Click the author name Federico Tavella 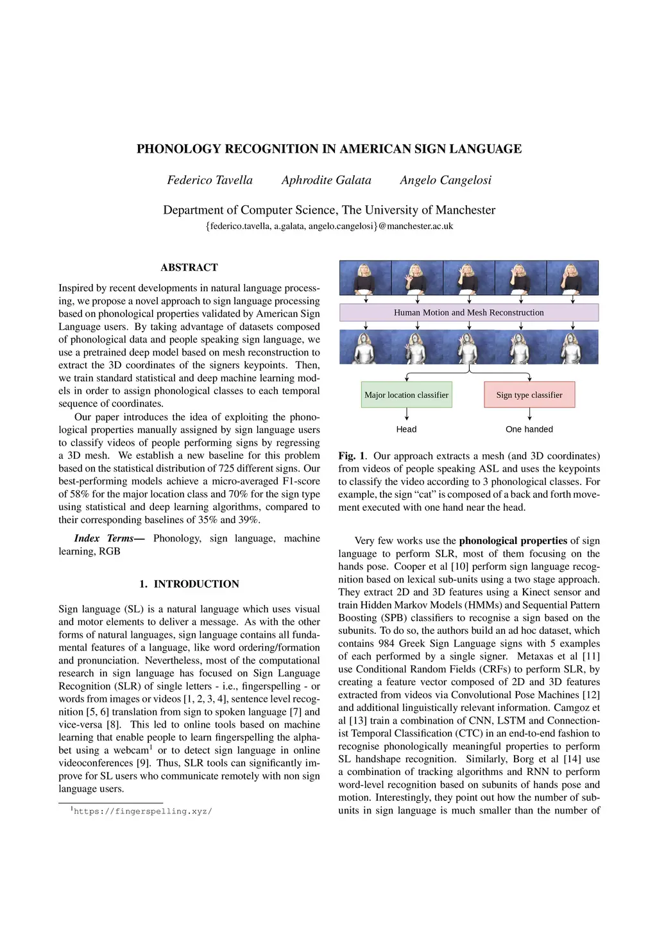point(210,180)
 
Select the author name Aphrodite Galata point(326,180)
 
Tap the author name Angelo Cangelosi point(445,180)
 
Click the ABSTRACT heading point(189,268)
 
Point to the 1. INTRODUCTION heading point(189,584)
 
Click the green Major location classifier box point(406,395)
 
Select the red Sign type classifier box point(529,395)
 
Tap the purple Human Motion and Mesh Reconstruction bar point(468,312)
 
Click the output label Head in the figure point(406,429)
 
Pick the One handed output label point(529,429)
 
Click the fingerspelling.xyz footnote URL point(142,812)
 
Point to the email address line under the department point(329,226)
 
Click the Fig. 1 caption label point(352,456)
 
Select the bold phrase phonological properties point(513,541)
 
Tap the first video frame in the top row point(365,278)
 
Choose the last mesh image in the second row point(572,347)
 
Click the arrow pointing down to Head point(407,415)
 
